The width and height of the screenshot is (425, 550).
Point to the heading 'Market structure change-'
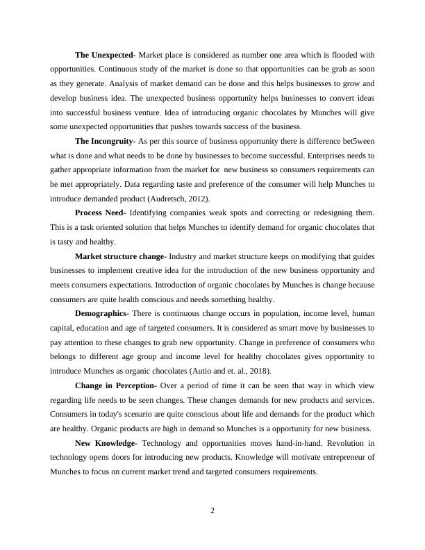[121, 256]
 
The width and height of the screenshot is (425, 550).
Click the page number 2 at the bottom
[212, 512]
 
